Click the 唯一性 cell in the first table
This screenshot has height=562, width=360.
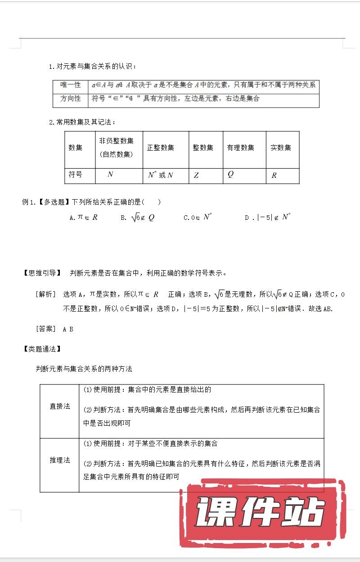click(70, 85)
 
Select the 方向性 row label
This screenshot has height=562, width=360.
click(70, 98)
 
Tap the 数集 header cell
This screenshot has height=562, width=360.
click(76, 147)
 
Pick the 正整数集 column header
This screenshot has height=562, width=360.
click(161, 147)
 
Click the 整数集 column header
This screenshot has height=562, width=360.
click(203, 147)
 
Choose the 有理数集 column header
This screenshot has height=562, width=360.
click(240, 147)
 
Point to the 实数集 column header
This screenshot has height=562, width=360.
click(281, 147)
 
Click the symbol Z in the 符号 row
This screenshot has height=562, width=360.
click(196, 175)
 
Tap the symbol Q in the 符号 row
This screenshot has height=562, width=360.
click(230, 174)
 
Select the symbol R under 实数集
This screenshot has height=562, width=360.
click(274, 175)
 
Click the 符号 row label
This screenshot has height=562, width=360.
click(76, 174)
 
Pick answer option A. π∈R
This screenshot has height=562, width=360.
click(84, 218)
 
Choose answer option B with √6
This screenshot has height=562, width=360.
click(138, 218)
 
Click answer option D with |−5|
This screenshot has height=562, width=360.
click(268, 218)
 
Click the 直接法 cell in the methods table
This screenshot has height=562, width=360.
click(60, 406)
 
